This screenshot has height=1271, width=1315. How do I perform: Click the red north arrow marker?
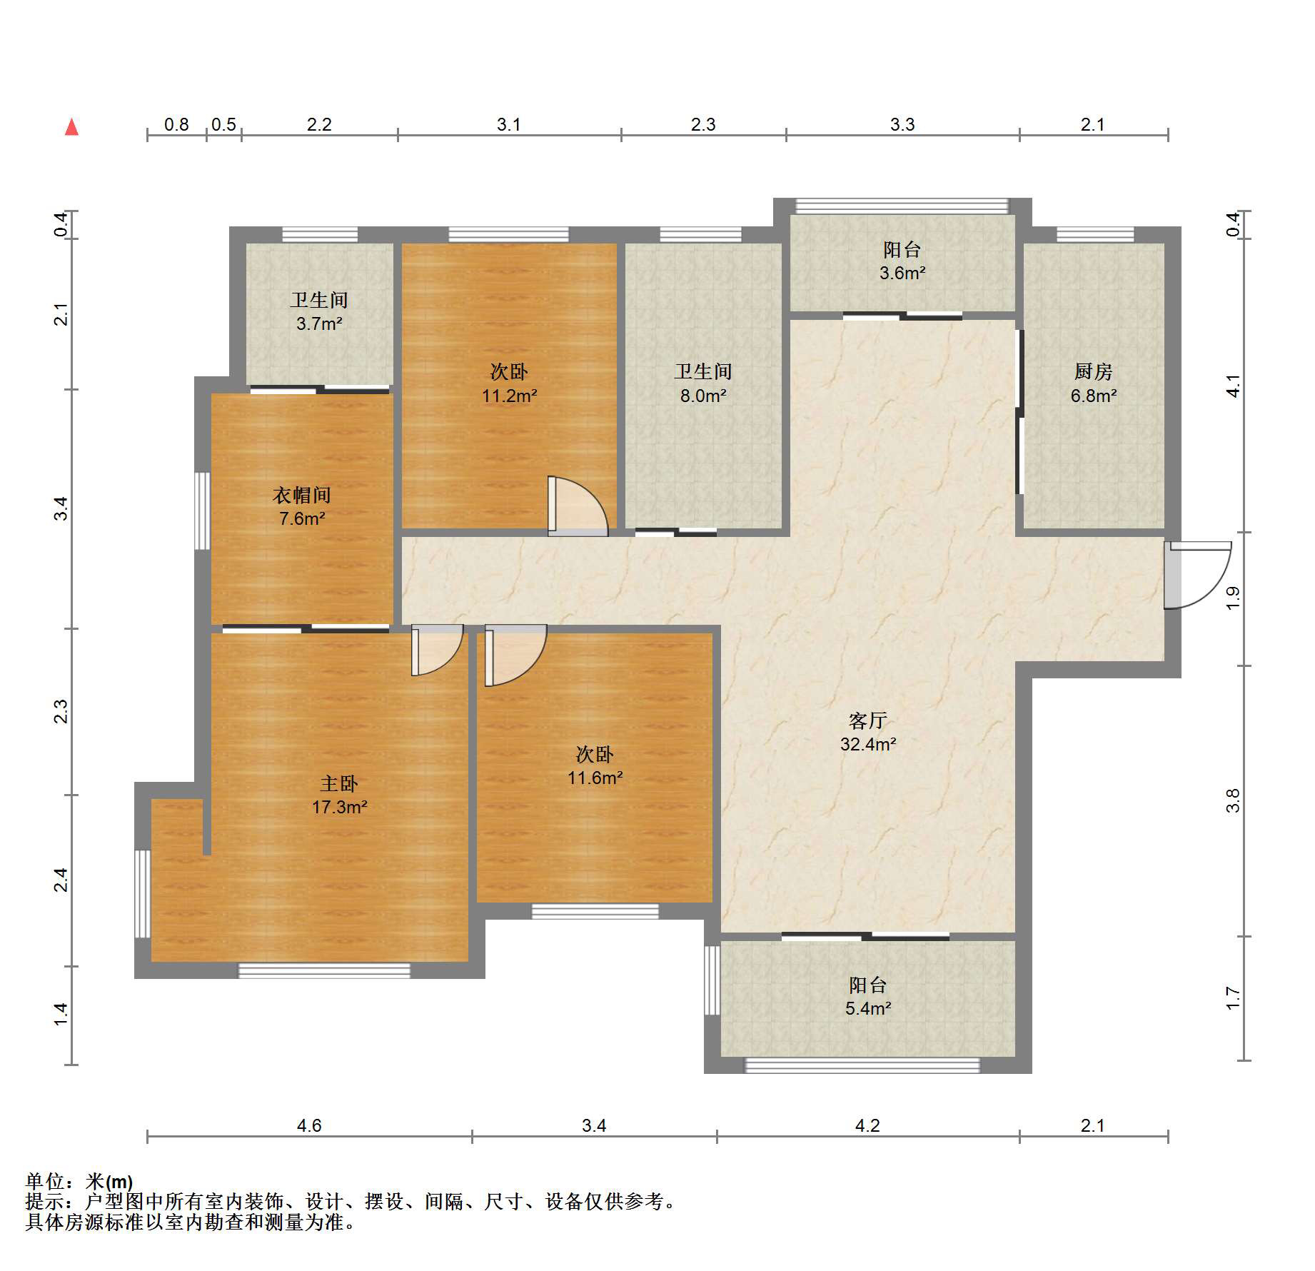point(71,127)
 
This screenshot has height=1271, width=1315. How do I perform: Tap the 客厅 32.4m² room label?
point(867,732)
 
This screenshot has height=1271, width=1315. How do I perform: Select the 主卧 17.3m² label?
point(339,795)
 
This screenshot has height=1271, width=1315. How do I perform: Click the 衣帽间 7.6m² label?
point(301,506)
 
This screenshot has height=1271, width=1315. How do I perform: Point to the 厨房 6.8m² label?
point(1093,383)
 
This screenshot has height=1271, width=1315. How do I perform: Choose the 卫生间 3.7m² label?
point(319,312)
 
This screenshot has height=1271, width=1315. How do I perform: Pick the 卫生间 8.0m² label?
point(703,383)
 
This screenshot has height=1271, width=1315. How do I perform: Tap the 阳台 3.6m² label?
point(902,261)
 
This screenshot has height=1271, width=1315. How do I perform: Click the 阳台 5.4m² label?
point(867,996)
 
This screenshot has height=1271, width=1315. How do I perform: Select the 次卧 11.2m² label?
point(509,383)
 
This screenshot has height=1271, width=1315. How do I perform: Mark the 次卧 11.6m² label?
point(595,765)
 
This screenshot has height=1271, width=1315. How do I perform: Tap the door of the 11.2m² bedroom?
point(577,507)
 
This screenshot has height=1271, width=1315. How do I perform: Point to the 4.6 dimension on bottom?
point(309,1125)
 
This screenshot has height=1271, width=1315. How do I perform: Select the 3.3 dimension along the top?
point(902,124)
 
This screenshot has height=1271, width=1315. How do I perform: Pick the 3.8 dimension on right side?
point(1233,800)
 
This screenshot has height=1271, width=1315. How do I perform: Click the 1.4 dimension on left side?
point(61,1014)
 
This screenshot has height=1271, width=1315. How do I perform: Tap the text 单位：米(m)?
point(79,1181)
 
